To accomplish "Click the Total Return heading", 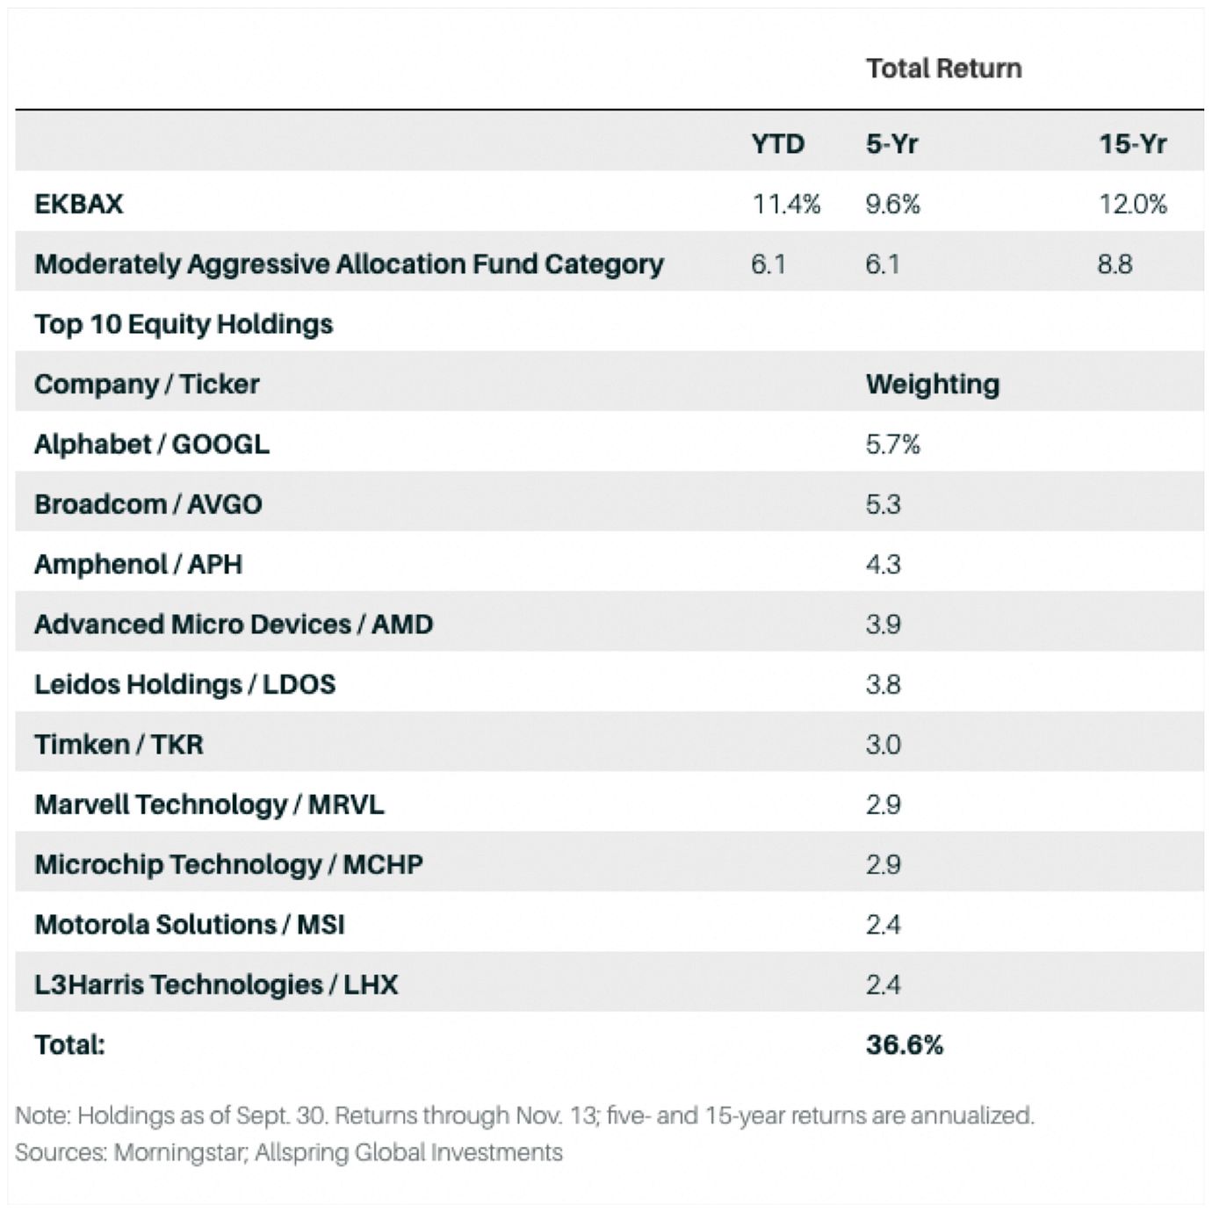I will click(943, 69).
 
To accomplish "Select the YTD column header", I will click(777, 144).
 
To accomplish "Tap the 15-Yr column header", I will click(1132, 144).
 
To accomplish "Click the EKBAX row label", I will click(79, 204).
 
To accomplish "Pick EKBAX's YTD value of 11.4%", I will click(785, 204).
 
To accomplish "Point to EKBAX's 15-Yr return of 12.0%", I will click(1132, 204).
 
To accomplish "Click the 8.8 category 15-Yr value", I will click(1115, 263).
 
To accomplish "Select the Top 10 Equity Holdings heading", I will click(184, 324).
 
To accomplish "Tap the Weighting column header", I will click(932, 384).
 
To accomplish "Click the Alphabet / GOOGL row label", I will click(152, 444).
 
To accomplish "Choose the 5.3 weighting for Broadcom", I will click(883, 504).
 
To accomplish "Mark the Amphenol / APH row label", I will click(138, 564).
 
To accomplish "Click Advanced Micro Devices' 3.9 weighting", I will click(883, 624).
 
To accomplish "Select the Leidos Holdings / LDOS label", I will click(184, 684).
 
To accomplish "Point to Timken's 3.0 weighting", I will click(883, 745).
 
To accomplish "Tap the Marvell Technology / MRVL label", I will click(209, 804).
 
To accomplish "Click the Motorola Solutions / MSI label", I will click(189, 925).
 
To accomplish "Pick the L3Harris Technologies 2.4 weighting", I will click(883, 985).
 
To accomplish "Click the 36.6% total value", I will click(904, 1045).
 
